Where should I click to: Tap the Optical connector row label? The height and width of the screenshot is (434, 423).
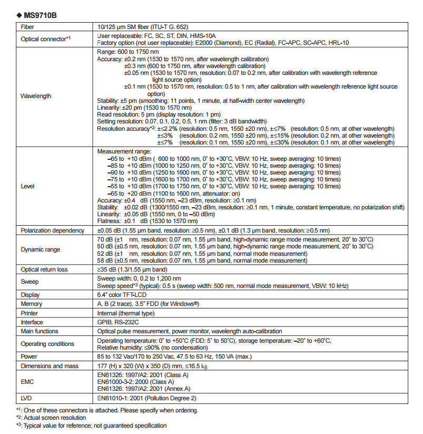click(x=45, y=38)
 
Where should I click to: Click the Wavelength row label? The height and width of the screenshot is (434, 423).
click(x=36, y=96)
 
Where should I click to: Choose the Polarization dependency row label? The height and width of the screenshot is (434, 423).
click(x=52, y=230)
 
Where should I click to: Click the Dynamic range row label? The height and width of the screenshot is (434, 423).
click(x=41, y=249)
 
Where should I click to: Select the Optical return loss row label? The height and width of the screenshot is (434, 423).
click(x=44, y=269)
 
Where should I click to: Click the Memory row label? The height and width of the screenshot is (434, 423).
click(x=31, y=304)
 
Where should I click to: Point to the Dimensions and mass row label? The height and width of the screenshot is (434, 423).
click(x=51, y=365)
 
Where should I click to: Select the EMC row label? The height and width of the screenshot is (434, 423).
click(x=27, y=382)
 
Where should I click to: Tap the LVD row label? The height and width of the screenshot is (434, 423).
click(x=27, y=398)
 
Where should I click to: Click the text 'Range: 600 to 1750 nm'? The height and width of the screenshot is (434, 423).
click(x=128, y=52)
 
